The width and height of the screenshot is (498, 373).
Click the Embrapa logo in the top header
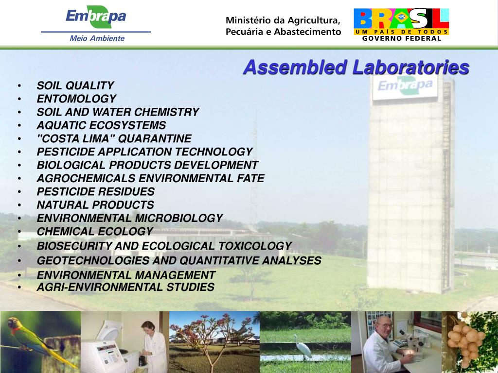tap(96, 17)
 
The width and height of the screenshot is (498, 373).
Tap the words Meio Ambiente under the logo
tap(97, 38)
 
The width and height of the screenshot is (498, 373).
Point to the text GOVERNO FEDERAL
tap(402, 39)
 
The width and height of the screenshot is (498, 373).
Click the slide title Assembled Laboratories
tap(356, 67)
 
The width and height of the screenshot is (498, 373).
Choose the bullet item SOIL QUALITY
tap(75, 86)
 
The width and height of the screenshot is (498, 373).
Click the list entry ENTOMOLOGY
tap(76, 99)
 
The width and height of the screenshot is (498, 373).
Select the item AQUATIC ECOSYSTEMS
tap(101, 125)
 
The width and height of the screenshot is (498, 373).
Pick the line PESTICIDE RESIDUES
tap(96, 191)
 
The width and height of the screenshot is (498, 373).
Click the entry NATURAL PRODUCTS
tap(95, 205)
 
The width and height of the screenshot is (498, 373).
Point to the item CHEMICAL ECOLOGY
tap(95, 232)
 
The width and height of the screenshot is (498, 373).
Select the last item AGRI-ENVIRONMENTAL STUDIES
tap(125, 287)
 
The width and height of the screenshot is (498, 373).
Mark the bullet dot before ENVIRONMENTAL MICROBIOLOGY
tap(19, 219)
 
